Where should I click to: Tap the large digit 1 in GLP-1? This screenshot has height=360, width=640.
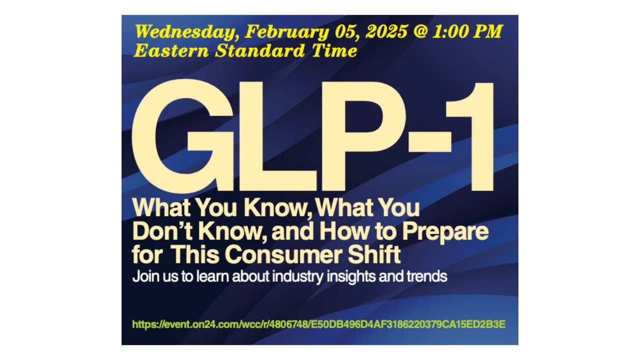tap(473, 136)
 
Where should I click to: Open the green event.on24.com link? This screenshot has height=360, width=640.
tap(318, 324)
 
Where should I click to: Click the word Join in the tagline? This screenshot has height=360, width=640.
tap(144, 276)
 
